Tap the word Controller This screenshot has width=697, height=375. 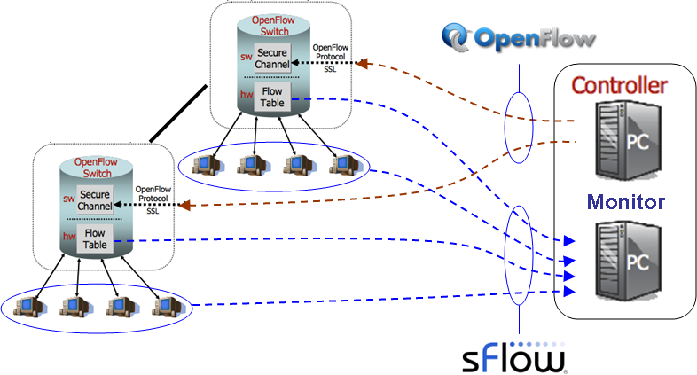(x=618, y=85)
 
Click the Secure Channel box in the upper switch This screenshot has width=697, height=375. (x=271, y=59)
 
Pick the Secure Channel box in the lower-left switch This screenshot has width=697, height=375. (x=94, y=200)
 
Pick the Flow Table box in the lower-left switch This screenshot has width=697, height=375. (x=94, y=238)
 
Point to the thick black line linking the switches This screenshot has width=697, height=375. (x=180, y=113)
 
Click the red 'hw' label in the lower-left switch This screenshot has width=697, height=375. (x=67, y=235)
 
